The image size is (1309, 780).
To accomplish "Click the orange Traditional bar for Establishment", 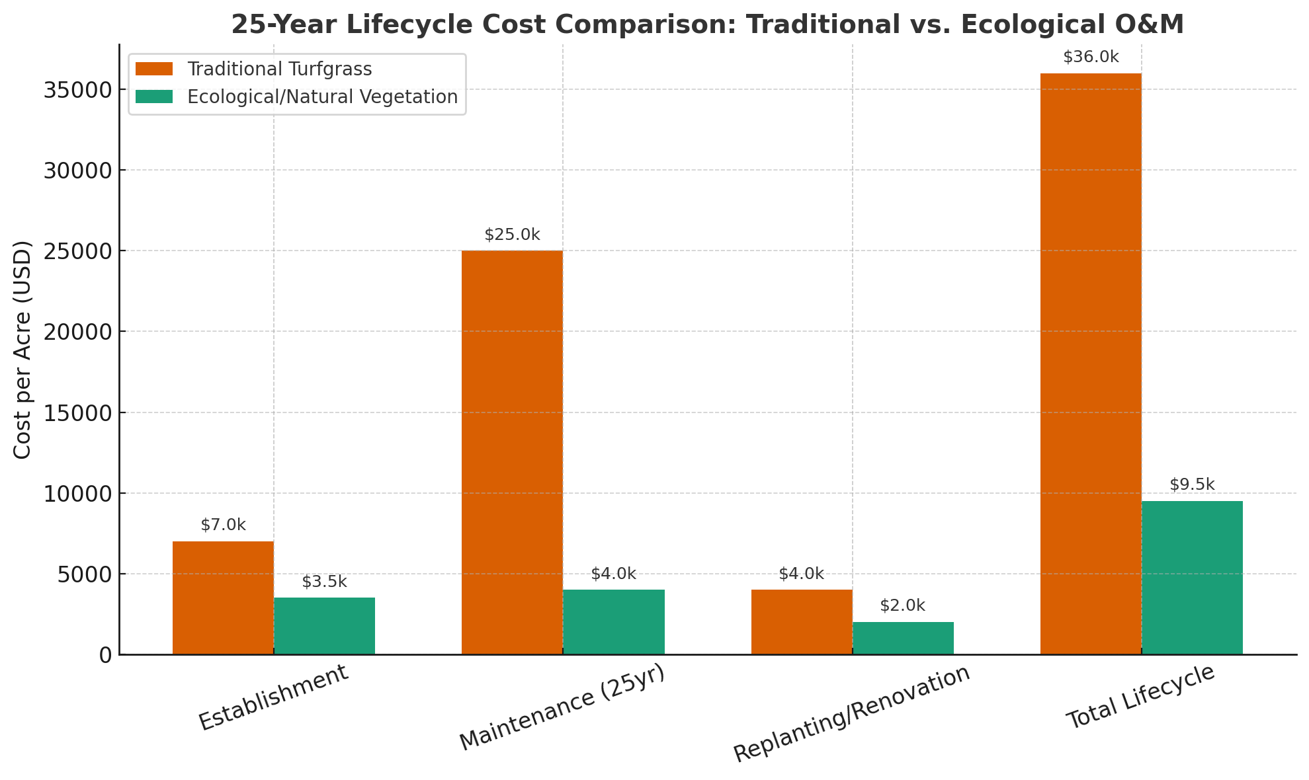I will coord(223,598).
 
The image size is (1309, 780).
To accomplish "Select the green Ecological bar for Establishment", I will coord(324,626).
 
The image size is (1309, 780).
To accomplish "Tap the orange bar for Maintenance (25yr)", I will coord(512,452).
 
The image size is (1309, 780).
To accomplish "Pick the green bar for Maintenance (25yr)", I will coord(613,622).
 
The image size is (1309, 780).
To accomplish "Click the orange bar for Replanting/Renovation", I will coord(802,622).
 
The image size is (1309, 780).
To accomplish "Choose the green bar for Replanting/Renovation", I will coord(903,638).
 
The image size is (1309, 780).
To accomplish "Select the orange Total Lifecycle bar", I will coord(1091,364).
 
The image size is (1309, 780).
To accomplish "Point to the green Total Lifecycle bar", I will coord(1192,578).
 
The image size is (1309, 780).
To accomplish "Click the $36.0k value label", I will coord(1091,58).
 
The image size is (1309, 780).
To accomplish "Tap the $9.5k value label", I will coord(1192,485).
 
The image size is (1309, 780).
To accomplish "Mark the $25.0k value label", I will coord(512,235).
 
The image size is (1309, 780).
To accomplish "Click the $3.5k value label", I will coord(324,582).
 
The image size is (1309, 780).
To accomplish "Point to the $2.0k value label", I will coord(902,605).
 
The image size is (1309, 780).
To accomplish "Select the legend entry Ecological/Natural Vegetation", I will coord(322,97).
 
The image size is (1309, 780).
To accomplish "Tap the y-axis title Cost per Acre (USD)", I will coord(22,350).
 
